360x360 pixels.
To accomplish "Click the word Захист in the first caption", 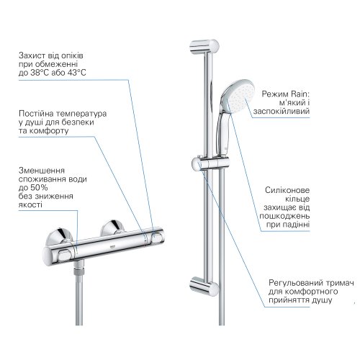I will [x=35, y=55].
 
